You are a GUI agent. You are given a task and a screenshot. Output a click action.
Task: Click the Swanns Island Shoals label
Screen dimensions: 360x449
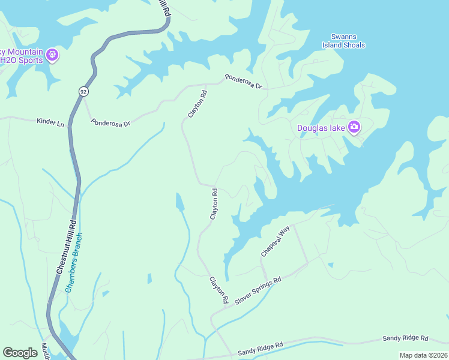point(348,41)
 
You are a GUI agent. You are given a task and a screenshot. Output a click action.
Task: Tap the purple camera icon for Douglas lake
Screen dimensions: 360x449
point(354,127)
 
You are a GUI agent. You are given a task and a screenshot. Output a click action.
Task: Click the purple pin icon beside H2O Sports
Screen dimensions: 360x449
point(52,55)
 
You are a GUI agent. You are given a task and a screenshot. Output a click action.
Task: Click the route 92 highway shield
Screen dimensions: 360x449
point(82,91)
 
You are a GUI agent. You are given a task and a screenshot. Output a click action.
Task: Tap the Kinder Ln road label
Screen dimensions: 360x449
point(50,122)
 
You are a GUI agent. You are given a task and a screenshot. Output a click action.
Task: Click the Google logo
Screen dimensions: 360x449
point(20,352)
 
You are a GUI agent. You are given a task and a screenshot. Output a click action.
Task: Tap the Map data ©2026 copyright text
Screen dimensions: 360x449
point(423,355)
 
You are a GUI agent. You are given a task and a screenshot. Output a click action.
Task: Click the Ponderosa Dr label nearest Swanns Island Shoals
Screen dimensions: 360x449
point(244,82)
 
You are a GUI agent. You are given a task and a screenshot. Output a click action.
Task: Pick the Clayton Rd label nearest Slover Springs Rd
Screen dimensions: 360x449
point(218,289)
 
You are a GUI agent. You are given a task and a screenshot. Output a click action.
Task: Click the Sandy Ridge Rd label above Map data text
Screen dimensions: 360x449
point(406,339)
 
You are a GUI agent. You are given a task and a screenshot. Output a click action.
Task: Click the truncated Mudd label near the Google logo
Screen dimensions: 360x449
point(44,351)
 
